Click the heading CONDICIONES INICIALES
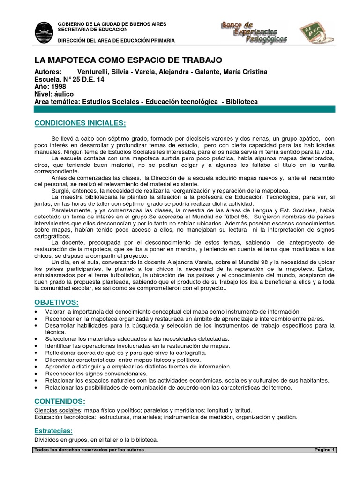[80, 123]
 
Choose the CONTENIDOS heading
[60, 401]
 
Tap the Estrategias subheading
[53, 430]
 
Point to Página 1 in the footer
[324, 450]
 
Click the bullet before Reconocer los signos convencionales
[37, 374]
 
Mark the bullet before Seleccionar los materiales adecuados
[37, 338]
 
